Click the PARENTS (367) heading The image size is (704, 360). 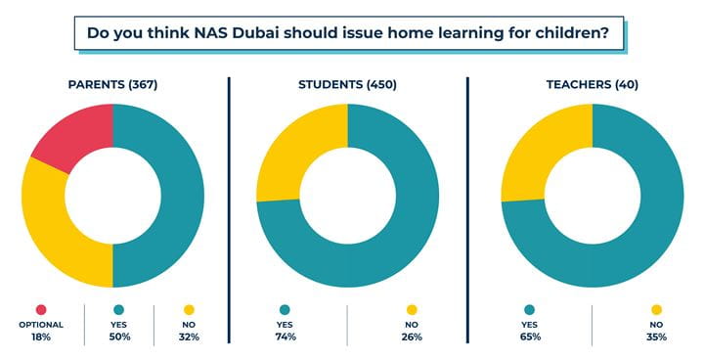112,84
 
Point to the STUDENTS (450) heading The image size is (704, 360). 347,84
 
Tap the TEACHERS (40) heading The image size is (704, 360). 592,84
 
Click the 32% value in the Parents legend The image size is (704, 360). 190,337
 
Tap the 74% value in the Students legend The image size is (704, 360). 286,337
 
